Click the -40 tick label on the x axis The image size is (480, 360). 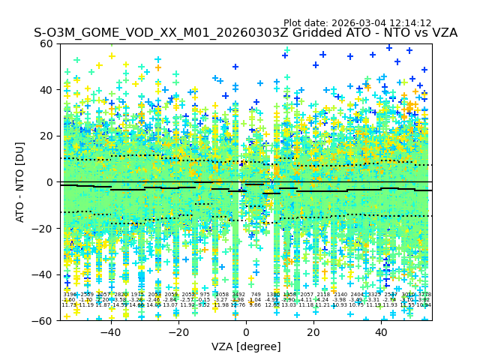tap(109, 332)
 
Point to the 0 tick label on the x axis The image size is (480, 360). tap(246, 332)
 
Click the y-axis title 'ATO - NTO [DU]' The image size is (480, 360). tap(21, 182)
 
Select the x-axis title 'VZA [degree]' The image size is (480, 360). tap(246, 346)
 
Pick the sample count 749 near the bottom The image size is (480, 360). tap(256, 295)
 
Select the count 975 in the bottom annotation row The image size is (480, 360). tap(205, 295)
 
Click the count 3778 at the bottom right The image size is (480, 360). tap(424, 295)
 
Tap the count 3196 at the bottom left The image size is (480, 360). tap(69, 295)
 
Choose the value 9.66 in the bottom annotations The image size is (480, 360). tap(256, 305)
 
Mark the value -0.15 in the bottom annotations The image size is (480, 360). tap(205, 300)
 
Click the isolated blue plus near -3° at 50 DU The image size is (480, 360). tap(235, 67)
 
